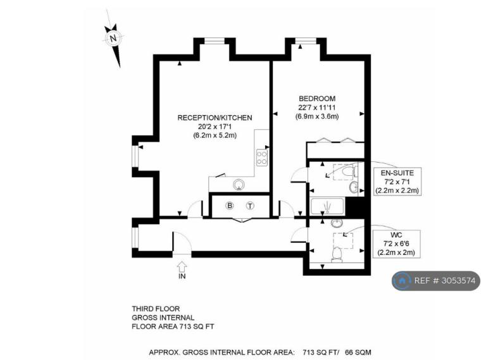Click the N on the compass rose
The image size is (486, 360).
pos(113,39)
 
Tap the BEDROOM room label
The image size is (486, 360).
pos(317,99)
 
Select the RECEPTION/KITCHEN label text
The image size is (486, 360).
pos(215,118)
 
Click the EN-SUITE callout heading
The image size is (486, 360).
pos(397,173)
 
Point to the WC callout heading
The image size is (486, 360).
pos(396,235)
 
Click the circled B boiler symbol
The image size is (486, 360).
pos(230,206)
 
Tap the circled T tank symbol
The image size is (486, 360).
pos(250,206)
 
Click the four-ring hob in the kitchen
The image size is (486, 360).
pos(262,158)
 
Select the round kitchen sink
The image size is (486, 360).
pos(239,185)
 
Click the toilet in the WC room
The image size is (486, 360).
pos(337,254)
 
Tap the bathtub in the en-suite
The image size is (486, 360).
pos(327,206)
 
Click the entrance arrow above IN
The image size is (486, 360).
pos(182,266)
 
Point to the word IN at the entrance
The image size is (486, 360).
pos(182,276)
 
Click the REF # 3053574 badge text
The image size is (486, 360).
pos(445,281)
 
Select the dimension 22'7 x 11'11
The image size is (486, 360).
pos(317,108)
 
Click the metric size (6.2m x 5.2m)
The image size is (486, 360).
pos(215,135)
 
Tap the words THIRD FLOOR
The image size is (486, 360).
pos(156,309)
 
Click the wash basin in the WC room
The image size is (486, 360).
pos(336,223)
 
